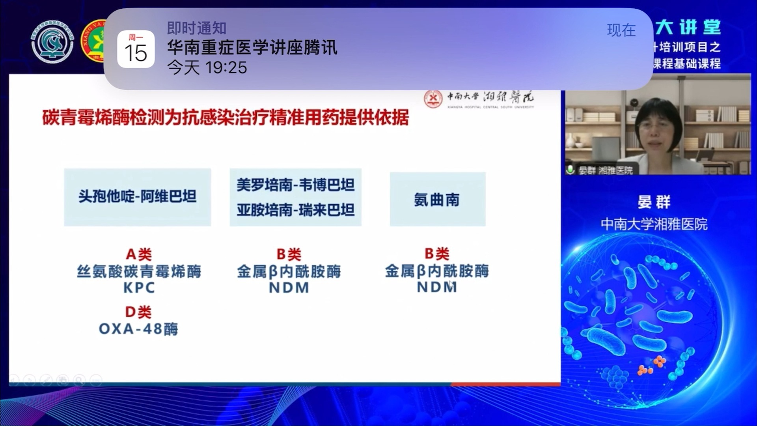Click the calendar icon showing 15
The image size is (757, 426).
coord(136,49)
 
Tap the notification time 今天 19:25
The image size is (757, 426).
coord(207,67)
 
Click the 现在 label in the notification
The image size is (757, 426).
coord(621,30)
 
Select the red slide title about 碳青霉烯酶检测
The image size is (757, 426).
coord(226,118)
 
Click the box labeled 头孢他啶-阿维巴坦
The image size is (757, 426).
coord(137,197)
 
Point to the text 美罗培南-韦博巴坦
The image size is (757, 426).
coord(295,185)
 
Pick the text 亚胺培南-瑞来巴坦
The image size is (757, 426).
coord(295,210)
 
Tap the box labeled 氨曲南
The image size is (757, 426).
coord(437,200)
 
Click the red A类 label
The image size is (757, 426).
coord(139,254)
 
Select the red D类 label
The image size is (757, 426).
coord(138,312)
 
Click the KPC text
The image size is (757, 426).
coord(139,288)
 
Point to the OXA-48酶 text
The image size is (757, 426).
coord(138,329)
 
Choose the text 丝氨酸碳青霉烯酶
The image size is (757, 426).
coord(139,271)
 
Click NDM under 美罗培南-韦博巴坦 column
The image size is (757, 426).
coord(289,288)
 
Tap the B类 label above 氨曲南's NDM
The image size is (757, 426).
coord(437,254)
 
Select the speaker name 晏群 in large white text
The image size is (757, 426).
coord(654,202)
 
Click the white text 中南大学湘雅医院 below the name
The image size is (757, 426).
coord(654,224)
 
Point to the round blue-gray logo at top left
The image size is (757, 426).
coord(52,42)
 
